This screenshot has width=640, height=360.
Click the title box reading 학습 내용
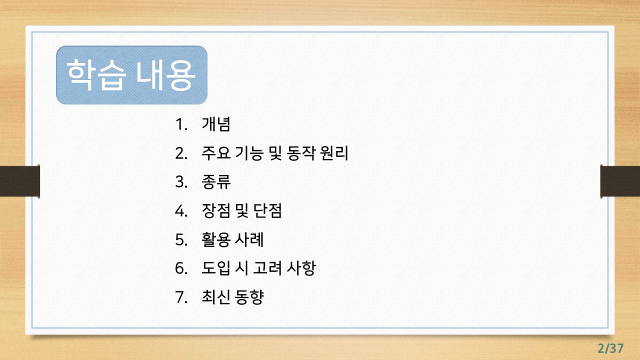pyautogui.click(x=131, y=75)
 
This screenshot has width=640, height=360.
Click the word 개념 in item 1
pyautogui.click(x=216, y=124)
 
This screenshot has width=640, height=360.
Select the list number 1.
pyautogui.click(x=180, y=124)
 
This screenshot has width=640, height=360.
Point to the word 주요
pyautogui.click(x=216, y=153)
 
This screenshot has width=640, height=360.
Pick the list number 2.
pyautogui.click(x=180, y=153)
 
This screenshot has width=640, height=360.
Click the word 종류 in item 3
pyautogui.click(x=216, y=182)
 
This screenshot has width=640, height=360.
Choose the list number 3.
pyautogui.click(x=180, y=182)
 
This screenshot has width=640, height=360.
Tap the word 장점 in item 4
pyautogui.click(x=216, y=211)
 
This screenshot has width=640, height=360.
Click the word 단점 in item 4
pyautogui.click(x=268, y=211)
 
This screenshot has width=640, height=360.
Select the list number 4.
pyautogui.click(x=180, y=211)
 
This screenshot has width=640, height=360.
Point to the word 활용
pyautogui.click(x=216, y=240)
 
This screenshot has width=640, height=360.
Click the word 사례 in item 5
pyautogui.click(x=249, y=240)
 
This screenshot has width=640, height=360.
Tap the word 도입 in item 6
pyautogui.click(x=216, y=268)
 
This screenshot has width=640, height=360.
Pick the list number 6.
pyautogui.click(x=180, y=268)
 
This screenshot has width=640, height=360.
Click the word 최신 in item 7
pyautogui.click(x=216, y=297)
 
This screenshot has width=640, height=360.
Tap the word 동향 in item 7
pyautogui.click(x=249, y=297)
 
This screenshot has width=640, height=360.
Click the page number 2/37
pyautogui.click(x=611, y=348)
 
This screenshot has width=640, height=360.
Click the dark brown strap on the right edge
pyautogui.click(x=620, y=181)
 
